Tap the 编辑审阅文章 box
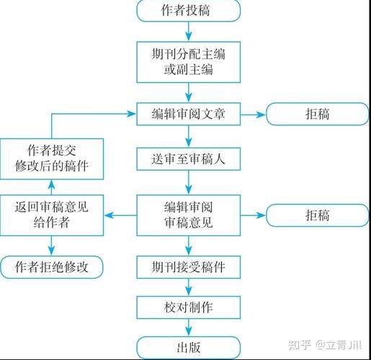pyautogui.click(x=187, y=113)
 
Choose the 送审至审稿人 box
pyautogui.click(x=187, y=159)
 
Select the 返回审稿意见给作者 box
pyautogui.click(x=52, y=215)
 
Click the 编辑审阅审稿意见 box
pyautogui.click(x=187, y=215)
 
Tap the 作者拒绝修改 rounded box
pyautogui.click(x=52, y=267)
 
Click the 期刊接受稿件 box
pyautogui.click(x=187, y=267)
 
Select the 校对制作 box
pyautogui.click(x=187, y=308)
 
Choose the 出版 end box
pyautogui.click(x=187, y=348)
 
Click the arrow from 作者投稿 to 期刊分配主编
pyautogui.click(x=187, y=31)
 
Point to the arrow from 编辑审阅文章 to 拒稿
pyautogui.click(x=252, y=113)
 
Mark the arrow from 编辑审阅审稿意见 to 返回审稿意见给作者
pyautogui.click(x=120, y=215)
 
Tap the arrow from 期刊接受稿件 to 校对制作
pyautogui.click(x=187, y=287)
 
